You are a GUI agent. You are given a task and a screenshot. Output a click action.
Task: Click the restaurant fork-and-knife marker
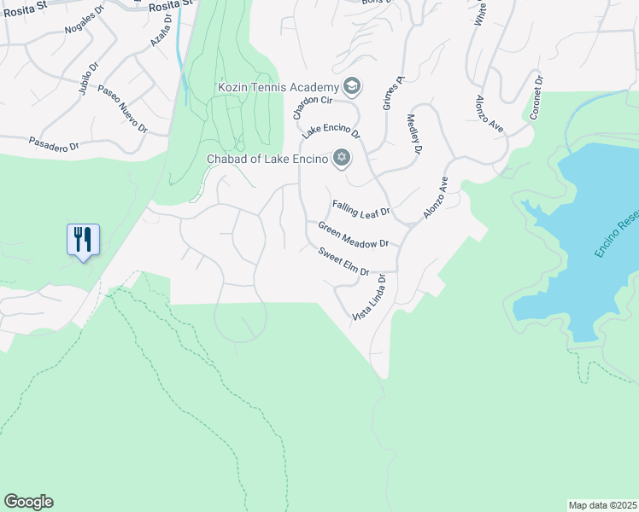pyautogui.click(x=83, y=240)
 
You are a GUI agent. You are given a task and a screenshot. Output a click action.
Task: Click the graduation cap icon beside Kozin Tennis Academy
pyautogui.click(x=351, y=86)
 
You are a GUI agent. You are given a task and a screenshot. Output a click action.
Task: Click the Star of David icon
pyautogui.click(x=342, y=158)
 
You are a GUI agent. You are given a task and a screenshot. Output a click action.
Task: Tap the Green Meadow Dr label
pyautogui.click(x=353, y=236)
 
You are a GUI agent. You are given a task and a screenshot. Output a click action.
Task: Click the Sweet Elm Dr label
pyautogui.click(x=343, y=262)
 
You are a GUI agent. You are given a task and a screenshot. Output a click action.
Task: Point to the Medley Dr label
pyautogui.click(x=414, y=135)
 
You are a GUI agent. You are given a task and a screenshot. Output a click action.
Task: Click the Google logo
pyautogui.click(x=28, y=502)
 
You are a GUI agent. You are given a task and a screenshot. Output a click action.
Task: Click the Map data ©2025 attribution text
pyautogui.click(x=602, y=505)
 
